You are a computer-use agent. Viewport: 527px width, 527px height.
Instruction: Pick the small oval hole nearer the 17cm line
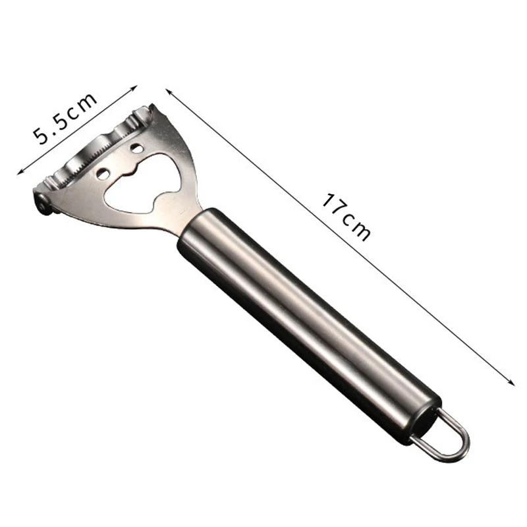tap(136, 148)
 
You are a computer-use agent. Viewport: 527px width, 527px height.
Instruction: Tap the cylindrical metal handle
tap(303, 310)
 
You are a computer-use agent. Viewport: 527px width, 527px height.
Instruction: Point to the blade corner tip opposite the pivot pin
tap(153, 109)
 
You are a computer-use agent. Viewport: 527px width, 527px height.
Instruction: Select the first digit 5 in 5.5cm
tap(45, 134)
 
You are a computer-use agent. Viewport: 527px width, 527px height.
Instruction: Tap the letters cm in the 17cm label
tap(356, 225)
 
